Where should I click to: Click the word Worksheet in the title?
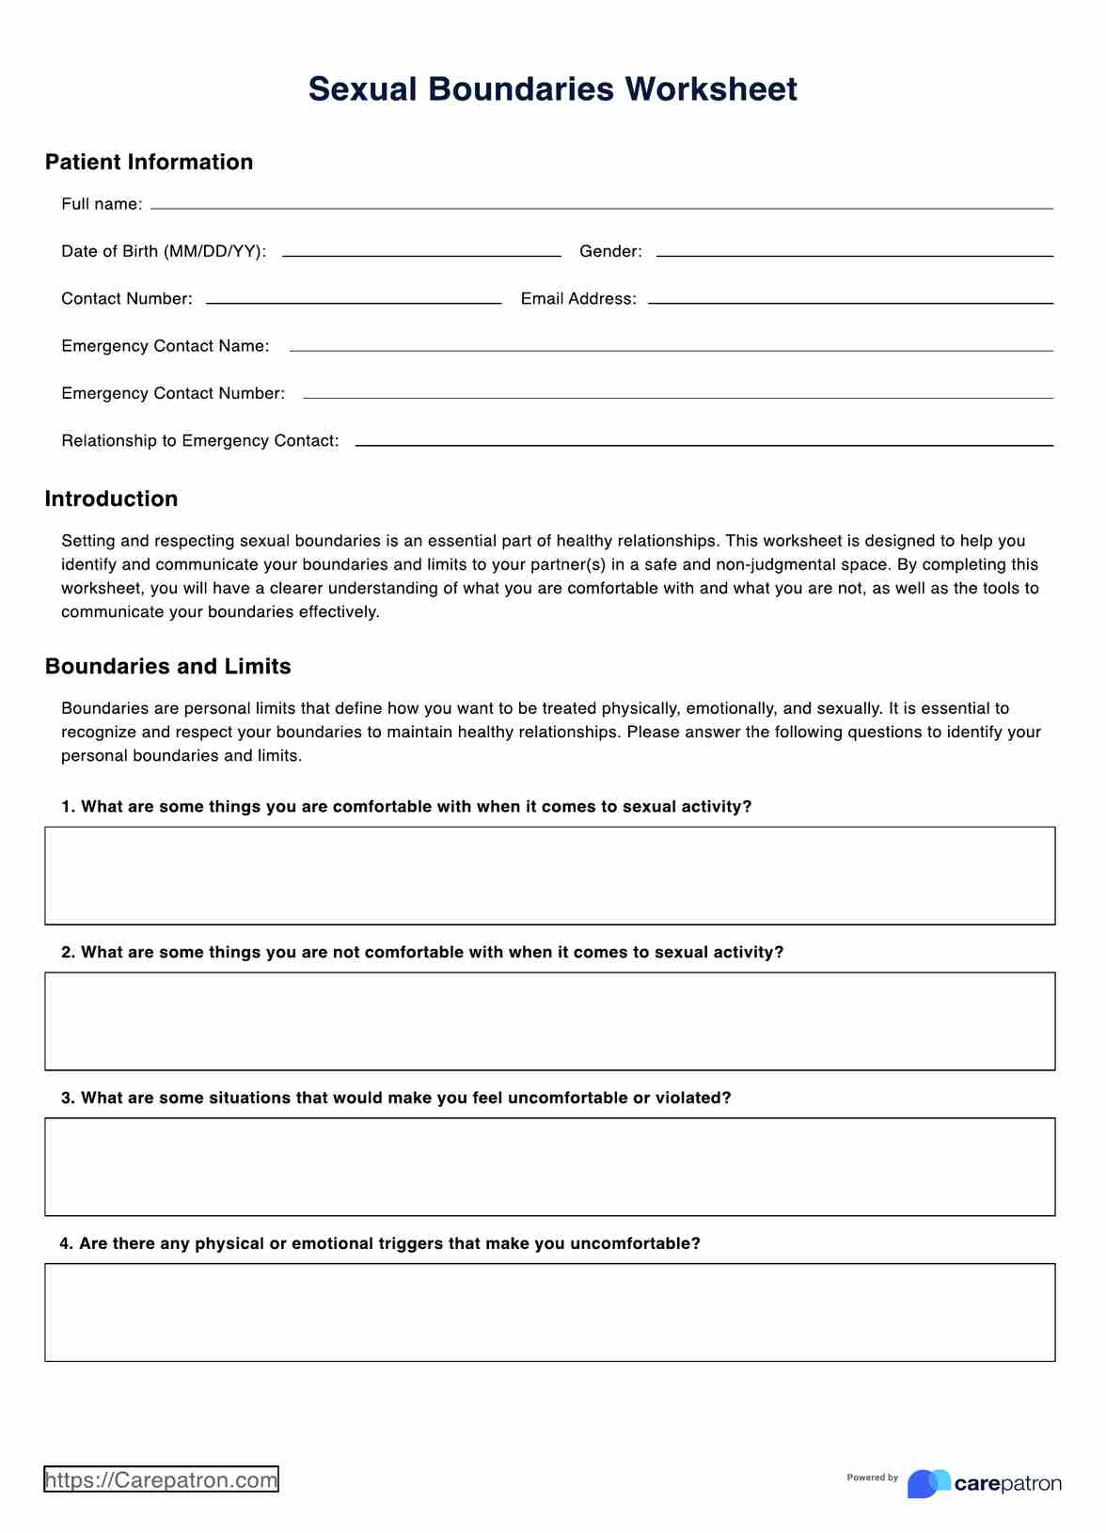710,89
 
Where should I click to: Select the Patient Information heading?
149,162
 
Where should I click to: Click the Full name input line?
601,206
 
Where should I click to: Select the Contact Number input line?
354,301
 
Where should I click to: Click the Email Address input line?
850,301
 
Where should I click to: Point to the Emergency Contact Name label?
166,346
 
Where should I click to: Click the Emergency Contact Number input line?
677,396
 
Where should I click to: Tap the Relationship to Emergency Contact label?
200,441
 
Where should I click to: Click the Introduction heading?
111,498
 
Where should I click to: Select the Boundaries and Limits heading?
167,666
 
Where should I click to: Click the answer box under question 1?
549,876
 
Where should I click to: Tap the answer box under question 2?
549,1021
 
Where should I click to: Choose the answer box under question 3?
549,1167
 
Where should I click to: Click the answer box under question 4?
549,1313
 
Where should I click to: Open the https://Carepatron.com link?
161,1479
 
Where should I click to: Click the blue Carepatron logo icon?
928,1483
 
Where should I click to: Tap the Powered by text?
872,1478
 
